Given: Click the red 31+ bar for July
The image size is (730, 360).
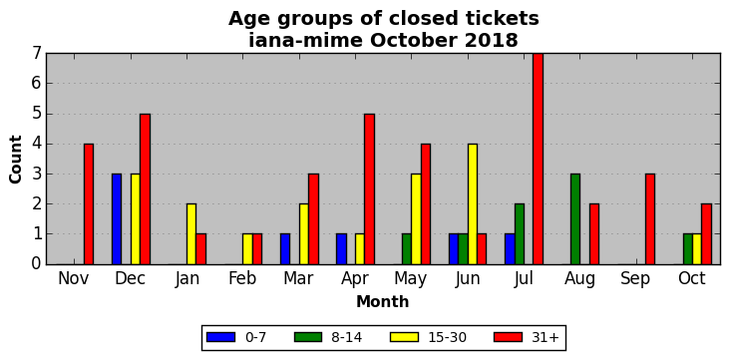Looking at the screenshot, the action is pos(538,159).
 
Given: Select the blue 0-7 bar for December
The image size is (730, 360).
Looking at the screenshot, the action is pos(117,219).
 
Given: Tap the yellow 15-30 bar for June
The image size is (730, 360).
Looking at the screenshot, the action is pos(472,204).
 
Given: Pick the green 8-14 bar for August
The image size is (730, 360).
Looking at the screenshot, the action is pos(575,219).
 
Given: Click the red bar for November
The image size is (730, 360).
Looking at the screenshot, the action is pos(89,204).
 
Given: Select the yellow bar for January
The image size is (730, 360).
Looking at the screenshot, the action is pos(191,234).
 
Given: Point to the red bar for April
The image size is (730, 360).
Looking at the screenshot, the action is pos(369,189).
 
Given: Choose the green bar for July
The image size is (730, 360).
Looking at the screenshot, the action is pos(520,234).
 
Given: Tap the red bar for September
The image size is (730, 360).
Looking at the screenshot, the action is pos(650,219).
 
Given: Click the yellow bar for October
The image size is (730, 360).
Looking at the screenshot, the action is pos(696,249).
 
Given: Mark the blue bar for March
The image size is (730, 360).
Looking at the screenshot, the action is pos(285,249).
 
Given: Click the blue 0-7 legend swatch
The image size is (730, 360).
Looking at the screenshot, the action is pos(220,337).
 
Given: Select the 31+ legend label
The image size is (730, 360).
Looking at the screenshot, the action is pos(545,337).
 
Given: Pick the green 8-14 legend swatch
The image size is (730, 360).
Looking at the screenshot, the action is pos(308,337).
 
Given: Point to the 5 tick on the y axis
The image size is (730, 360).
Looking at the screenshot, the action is pos(37,114).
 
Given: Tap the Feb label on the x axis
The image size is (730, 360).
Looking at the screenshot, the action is pos(242,278).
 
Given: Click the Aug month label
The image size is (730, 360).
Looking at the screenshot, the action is pos(579,279).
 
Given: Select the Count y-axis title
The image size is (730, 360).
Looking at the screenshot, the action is pos(15,160).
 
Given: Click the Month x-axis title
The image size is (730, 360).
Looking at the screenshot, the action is pos(383,302).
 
